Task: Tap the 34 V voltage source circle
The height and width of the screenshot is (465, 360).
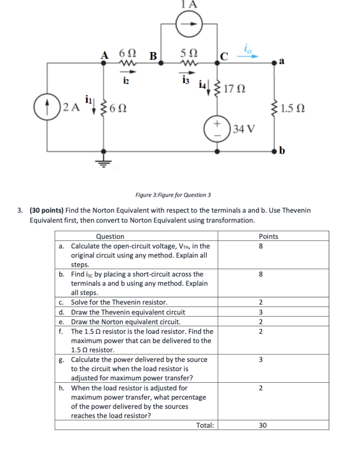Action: click(x=218, y=127)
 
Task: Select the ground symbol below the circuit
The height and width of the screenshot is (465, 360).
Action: click(x=103, y=162)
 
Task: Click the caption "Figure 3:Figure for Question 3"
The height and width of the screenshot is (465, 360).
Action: click(x=173, y=195)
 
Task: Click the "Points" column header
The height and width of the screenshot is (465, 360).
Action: click(x=268, y=236)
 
